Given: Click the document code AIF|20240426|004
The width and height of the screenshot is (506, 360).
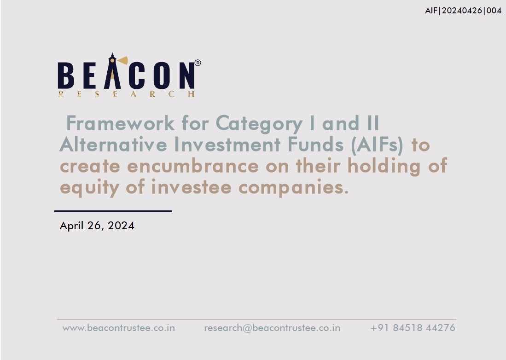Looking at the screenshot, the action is pyautogui.click(x=463, y=11).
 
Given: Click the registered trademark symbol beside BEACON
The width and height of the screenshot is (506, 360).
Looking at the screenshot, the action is pyautogui.click(x=198, y=63).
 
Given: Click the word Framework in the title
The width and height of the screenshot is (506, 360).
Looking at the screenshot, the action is pyautogui.click(x=120, y=123).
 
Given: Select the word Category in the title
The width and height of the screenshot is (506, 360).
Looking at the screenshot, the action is pyautogui.click(x=259, y=124).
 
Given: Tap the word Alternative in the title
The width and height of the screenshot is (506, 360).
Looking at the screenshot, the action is pyautogui.click(x=113, y=145).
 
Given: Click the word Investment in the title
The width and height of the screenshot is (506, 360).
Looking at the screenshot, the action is pyautogui.click(x=227, y=145).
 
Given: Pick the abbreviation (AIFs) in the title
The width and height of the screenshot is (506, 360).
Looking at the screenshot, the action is pyautogui.click(x=377, y=145).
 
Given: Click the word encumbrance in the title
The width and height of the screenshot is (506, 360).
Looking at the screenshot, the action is pyautogui.click(x=193, y=166).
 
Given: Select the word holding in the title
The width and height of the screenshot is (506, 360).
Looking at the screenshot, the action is pyautogui.click(x=384, y=167).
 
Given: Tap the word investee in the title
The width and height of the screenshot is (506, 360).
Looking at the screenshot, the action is pyautogui.click(x=192, y=187).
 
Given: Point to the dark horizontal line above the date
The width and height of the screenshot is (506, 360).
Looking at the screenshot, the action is pyautogui.click(x=113, y=211).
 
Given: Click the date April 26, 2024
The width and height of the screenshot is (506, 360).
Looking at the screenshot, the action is pyautogui.click(x=97, y=226).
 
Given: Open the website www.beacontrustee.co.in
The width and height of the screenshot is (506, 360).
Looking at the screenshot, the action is pyautogui.click(x=118, y=328).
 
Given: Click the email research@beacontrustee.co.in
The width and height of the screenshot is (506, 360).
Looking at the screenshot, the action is pyautogui.click(x=272, y=328).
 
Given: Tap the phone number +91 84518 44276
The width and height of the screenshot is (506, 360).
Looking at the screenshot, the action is pyautogui.click(x=413, y=328).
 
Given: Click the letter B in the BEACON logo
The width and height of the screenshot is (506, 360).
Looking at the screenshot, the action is pyautogui.click(x=66, y=75).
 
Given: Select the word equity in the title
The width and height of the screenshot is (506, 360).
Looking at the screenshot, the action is pyautogui.click(x=89, y=188).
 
